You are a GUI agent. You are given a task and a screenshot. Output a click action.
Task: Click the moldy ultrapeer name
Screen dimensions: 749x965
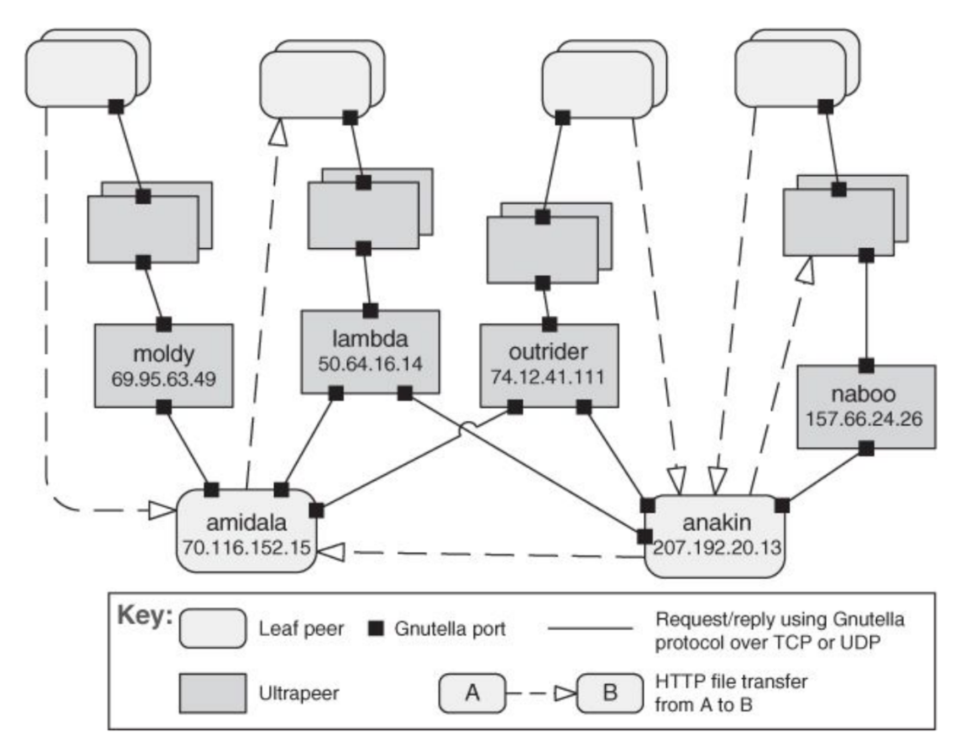pos(163,354)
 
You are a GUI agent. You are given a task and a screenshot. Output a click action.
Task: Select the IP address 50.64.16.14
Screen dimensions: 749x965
pos(370,364)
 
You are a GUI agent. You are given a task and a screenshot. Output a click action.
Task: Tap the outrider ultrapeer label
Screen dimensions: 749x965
pos(548,352)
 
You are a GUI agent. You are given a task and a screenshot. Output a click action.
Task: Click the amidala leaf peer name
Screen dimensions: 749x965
pos(246,523)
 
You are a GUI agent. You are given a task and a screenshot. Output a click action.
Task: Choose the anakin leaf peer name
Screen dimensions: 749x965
pos(716,523)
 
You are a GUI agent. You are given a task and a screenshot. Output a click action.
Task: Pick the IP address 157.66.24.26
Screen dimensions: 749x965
pos(864,419)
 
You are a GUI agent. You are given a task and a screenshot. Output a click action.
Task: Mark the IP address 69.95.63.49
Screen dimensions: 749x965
pos(163,379)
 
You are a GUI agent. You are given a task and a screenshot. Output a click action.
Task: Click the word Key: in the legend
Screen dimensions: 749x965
pos(145,616)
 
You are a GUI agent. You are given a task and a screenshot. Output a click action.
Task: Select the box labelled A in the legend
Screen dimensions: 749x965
pos(472,693)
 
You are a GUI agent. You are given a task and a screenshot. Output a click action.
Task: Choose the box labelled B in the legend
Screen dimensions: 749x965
pos(610,693)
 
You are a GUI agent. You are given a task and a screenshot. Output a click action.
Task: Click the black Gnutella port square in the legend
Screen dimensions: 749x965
pos(376,628)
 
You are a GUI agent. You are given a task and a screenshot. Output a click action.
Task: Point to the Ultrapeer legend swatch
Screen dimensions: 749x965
pos(212,693)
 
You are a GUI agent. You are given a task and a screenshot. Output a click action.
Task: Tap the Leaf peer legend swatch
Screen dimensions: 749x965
pos(212,628)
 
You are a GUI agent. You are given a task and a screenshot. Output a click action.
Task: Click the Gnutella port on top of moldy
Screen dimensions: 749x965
pos(164,324)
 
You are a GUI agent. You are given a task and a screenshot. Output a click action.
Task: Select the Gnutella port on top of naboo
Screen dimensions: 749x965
pos(866,365)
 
